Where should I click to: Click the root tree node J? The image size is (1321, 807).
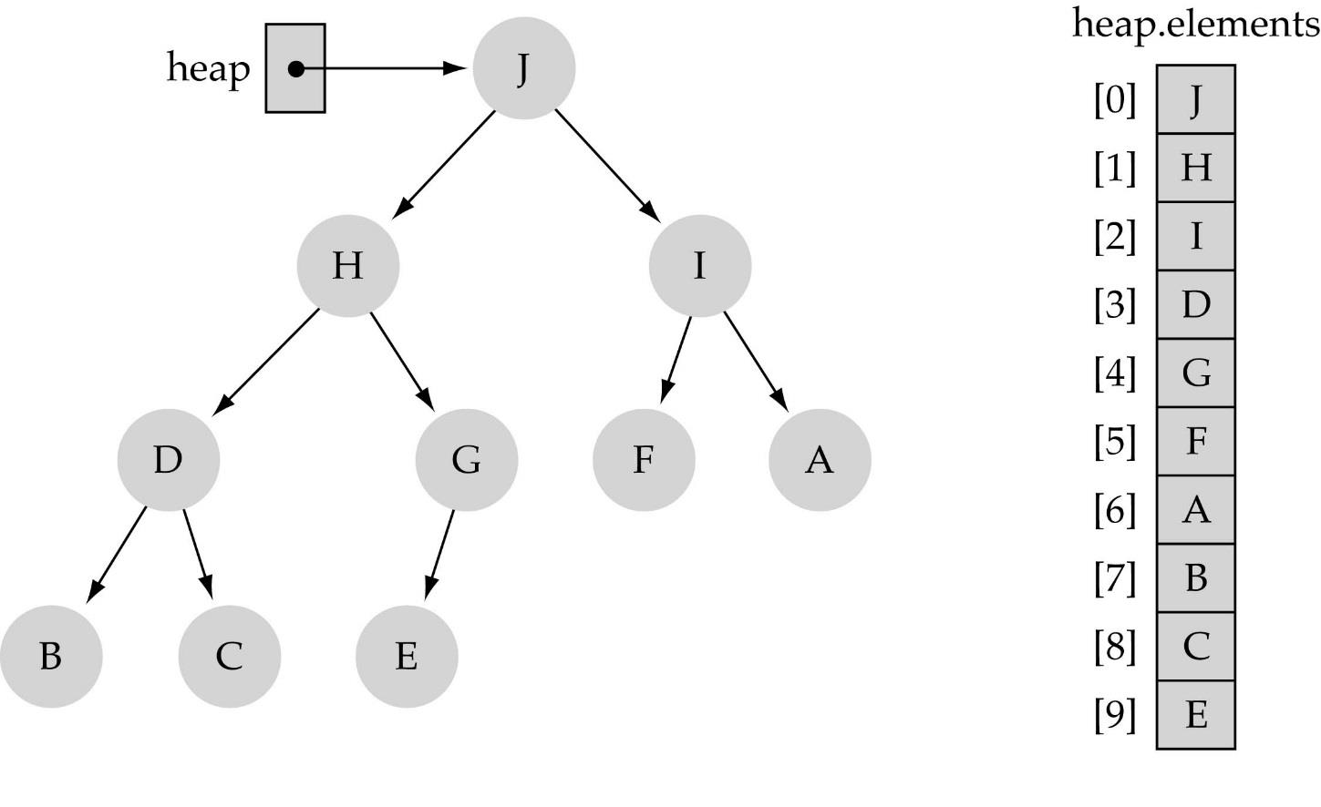pyautogui.click(x=523, y=68)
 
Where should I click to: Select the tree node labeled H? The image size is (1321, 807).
pyautogui.click(x=347, y=265)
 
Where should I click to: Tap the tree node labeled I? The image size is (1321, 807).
pyautogui.click(x=699, y=265)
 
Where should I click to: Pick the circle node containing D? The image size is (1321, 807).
pyautogui.click(x=168, y=459)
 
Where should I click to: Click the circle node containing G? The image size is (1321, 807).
pyautogui.click(x=466, y=459)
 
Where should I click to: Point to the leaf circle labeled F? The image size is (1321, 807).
pyautogui.click(x=643, y=459)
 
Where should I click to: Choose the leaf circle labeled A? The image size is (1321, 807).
pyautogui.click(x=819, y=459)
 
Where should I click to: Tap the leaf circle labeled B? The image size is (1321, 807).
pyautogui.click(x=51, y=656)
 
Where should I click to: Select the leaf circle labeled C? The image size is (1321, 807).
pyautogui.click(x=229, y=656)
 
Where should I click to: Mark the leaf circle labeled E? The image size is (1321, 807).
pyautogui.click(x=406, y=656)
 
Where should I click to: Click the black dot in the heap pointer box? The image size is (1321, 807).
pyautogui.click(x=295, y=68)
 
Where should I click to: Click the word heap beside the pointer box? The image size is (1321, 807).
pyautogui.click(x=208, y=68)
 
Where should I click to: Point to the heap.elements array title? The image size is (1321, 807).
pyautogui.click(x=1195, y=23)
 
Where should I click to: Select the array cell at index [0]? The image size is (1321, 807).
pyautogui.click(x=1195, y=99)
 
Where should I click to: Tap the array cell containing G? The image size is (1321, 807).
pyautogui.click(x=1195, y=373)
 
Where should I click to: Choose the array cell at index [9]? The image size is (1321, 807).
pyautogui.click(x=1195, y=715)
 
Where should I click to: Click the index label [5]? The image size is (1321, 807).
pyautogui.click(x=1115, y=442)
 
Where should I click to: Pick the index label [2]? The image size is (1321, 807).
pyautogui.click(x=1115, y=237)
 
